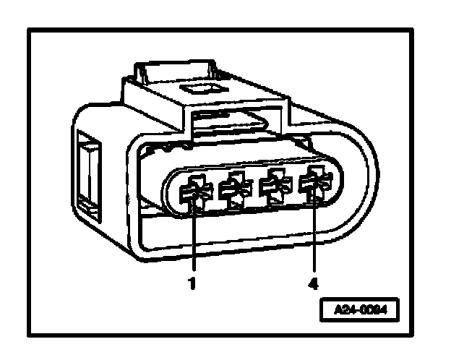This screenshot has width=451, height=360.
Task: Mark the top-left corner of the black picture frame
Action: (x=30, y=30)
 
